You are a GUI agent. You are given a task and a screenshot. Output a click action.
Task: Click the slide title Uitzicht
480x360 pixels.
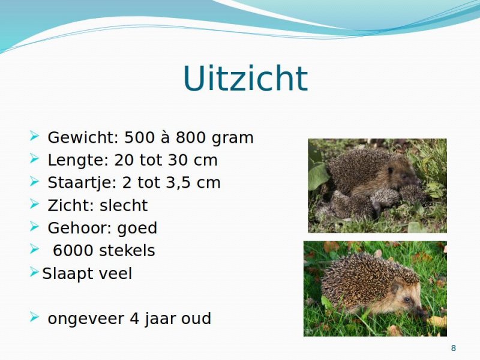coord(245,78)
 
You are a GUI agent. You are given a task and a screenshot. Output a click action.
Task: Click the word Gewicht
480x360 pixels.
coord(81,137)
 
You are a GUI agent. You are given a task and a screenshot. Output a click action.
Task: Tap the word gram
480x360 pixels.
coord(233,139)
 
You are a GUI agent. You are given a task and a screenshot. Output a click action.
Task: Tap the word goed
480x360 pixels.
coord(137,229)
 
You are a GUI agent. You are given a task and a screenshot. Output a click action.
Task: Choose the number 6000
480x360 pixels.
coord(72,250)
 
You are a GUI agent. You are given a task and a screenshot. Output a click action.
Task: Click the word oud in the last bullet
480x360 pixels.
coord(196,319)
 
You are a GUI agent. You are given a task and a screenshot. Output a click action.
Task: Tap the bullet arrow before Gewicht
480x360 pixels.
coord(35,136)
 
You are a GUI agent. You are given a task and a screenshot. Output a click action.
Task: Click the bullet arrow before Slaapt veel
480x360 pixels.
coord(34,272)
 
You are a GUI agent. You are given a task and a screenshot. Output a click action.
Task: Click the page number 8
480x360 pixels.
coord(454,348)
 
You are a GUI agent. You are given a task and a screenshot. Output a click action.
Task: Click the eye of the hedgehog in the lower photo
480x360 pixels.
coord(407,299)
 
